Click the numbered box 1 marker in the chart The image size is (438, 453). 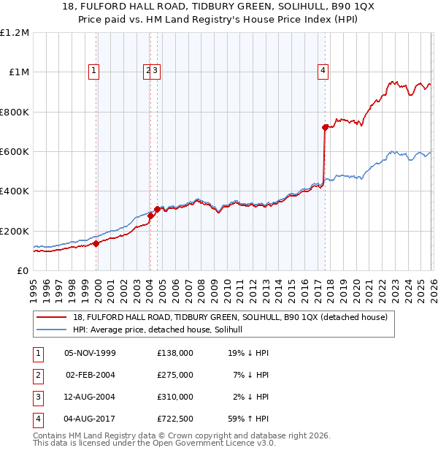(94, 71)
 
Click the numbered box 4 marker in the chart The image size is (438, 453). (322, 71)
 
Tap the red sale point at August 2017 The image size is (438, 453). (326, 127)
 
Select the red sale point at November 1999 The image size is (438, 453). (96, 244)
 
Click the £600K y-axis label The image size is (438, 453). (14, 152)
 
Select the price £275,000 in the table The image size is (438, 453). (174, 375)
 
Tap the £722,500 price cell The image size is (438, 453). (174, 419)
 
